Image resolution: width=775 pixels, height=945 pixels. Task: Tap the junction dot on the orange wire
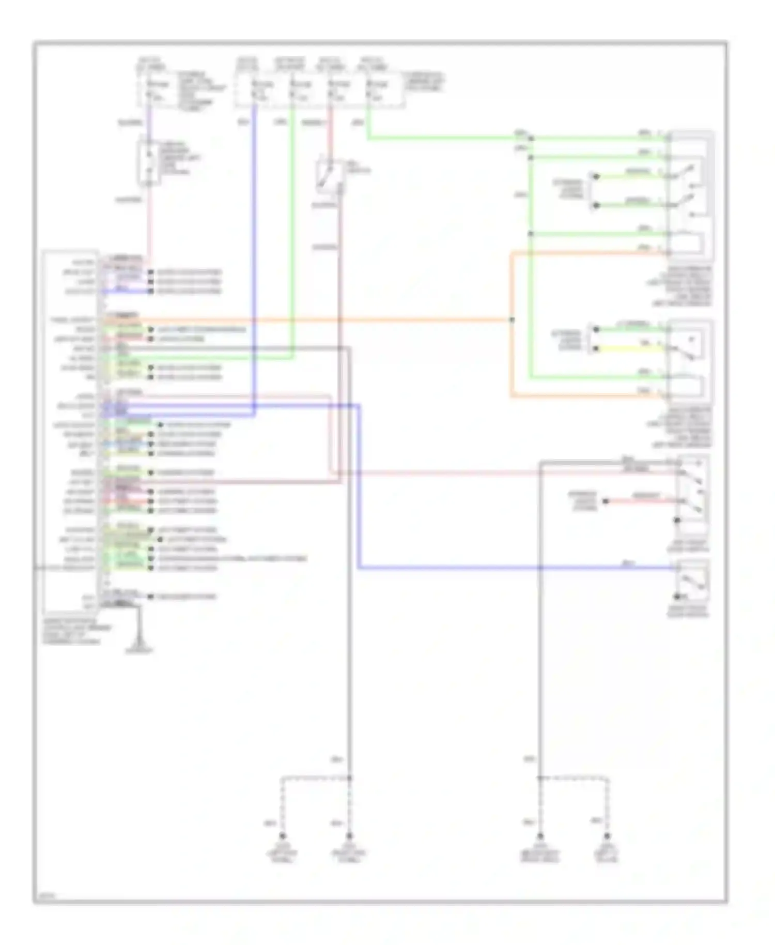(x=512, y=320)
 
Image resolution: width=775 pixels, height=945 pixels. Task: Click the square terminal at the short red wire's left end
(x=606, y=501)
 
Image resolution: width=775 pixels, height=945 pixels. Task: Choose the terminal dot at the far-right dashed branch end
(x=608, y=836)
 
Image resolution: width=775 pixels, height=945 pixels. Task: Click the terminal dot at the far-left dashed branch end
(x=283, y=836)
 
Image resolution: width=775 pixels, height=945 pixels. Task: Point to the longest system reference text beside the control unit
(x=230, y=558)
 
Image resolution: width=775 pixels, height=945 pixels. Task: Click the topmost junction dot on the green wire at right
(x=531, y=138)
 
